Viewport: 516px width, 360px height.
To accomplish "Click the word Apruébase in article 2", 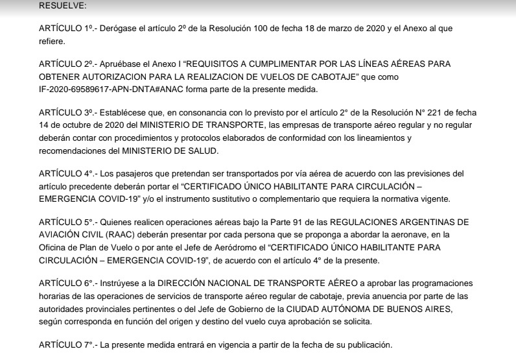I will pyautogui.click(x=114, y=64).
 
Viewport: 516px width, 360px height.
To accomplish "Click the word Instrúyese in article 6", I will pyautogui.click(x=113, y=283).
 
